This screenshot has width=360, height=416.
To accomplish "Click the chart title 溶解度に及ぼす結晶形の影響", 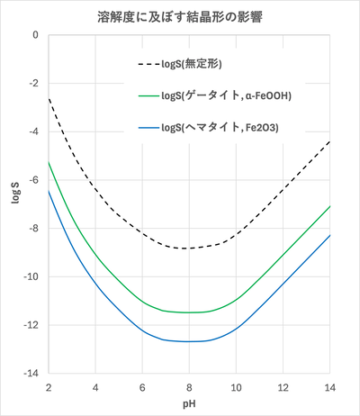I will coord(181,17).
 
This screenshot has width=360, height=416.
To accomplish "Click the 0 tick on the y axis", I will coord(34,36).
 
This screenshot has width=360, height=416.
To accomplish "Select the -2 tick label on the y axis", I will coord(33,84).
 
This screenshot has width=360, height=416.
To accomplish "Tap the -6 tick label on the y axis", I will coord(33,180).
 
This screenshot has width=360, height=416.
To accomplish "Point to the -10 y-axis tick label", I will coord(31,276).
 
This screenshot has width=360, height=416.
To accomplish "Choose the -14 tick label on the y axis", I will coord(31,373).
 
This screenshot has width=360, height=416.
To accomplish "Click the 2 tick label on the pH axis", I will coord(48,387).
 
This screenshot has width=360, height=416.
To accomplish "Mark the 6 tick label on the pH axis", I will coord(141,387).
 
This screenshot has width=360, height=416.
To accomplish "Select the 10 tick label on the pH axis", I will coord(236,387).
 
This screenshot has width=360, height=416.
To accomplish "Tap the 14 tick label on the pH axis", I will coord(329,387).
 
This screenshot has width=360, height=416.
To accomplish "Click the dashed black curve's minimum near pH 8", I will coord(188,249).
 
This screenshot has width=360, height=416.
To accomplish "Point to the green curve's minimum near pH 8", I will coord(188,312).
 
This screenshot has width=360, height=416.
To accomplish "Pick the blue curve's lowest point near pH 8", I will coord(188,342).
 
